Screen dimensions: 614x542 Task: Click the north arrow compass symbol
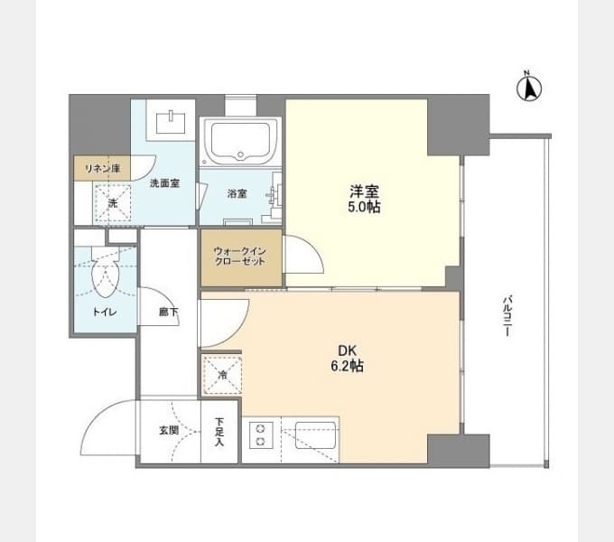529,87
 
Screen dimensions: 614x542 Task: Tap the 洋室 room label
364,192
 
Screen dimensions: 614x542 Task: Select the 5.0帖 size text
364,207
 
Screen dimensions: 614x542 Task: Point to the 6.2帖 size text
348,366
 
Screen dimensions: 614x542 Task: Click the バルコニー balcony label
507,316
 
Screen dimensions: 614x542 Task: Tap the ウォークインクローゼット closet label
240,257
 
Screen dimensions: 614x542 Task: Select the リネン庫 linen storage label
103,169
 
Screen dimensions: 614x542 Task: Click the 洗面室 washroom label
165,182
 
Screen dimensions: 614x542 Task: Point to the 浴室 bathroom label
237,193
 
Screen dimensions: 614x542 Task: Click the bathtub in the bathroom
240,141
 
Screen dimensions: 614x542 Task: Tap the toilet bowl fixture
105,273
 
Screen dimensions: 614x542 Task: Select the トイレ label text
105,313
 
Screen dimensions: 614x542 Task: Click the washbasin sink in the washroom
172,122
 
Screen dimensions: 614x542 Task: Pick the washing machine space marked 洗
112,203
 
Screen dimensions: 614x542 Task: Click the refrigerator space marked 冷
222,375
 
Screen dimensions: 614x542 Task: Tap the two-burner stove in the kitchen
260,435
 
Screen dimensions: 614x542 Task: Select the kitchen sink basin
315,435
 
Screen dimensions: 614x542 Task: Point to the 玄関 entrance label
169,430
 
